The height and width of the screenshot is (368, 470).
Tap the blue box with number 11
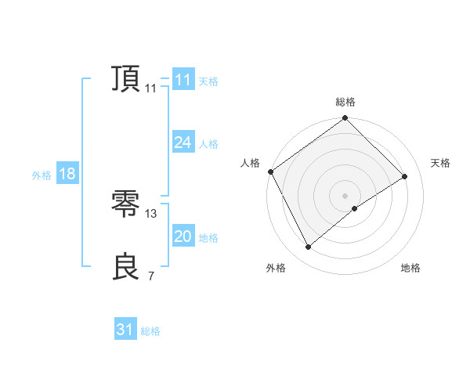(183, 80)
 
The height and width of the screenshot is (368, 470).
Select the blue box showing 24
(183, 143)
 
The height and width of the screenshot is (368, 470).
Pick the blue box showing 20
(183, 236)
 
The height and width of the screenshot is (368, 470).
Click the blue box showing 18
(67, 174)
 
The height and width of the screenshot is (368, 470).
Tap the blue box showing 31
(125, 330)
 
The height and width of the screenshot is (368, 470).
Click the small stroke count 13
(151, 213)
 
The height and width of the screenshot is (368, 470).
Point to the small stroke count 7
(150, 276)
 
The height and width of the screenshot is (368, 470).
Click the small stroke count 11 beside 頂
(150, 88)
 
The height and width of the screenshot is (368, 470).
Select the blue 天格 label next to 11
(208, 81)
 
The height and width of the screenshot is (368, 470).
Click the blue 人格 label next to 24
(208, 144)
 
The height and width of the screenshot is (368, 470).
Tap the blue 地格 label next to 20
(208, 238)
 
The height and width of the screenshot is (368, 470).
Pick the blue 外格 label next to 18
(42, 175)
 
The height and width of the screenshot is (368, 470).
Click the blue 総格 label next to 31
(150, 331)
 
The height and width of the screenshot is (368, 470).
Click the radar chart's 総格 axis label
(345, 102)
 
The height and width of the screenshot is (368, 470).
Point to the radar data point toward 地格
(355, 208)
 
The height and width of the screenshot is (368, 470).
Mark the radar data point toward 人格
(270, 171)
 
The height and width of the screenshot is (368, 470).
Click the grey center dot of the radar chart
(345, 195)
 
